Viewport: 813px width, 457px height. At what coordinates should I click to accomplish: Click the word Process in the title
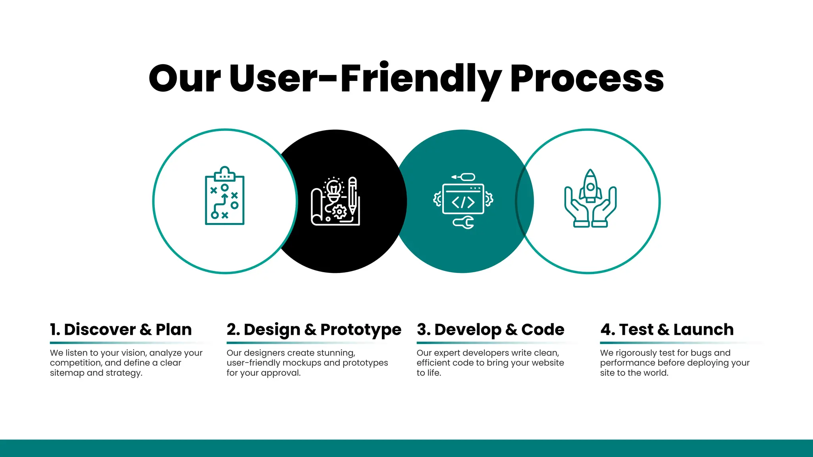(x=587, y=79)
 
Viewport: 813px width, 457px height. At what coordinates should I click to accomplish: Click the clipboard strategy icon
(x=225, y=196)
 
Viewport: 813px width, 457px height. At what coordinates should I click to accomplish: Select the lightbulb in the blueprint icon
(x=333, y=188)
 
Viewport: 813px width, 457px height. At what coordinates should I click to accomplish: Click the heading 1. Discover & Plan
(x=121, y=330)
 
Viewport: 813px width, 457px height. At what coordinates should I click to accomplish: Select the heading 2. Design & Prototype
(x=314, y=330)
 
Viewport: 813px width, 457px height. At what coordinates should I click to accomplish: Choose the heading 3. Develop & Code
(x=490, y=330)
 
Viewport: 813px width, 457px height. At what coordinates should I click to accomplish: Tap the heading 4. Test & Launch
(x=667, y=330)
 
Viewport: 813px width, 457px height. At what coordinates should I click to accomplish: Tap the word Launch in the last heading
(x=703, y=330)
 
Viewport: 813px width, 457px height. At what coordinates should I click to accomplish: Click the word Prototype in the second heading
(x=360, y=330)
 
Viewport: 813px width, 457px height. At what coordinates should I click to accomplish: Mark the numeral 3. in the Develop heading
(x=423, y=330)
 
